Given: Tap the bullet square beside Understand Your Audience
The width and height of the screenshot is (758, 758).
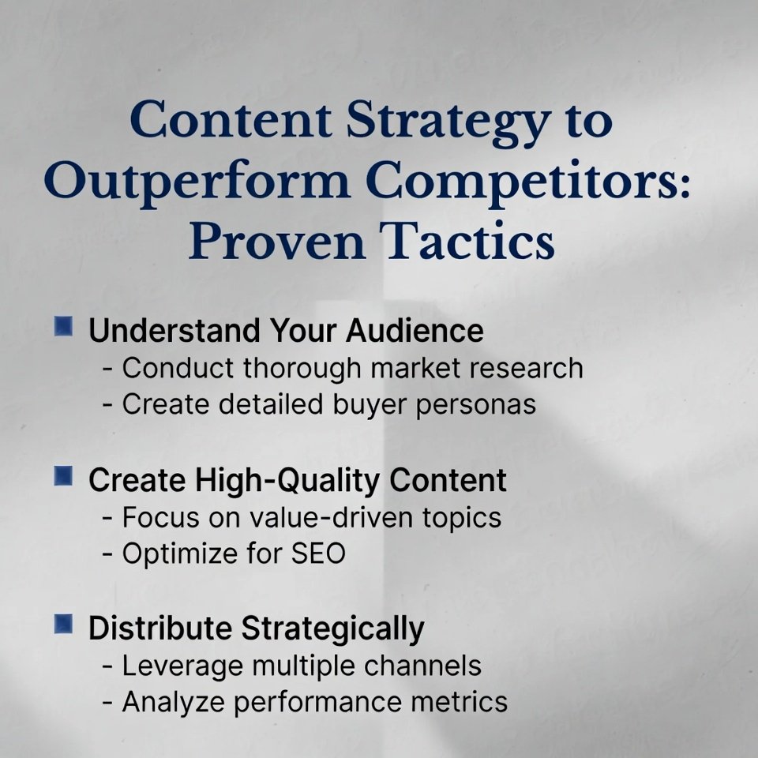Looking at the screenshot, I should click(x=64, y=326).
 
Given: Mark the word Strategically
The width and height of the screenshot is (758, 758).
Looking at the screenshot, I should click(x=332, y=629).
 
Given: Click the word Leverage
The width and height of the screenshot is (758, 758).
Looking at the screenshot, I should click(x=182, y=666).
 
